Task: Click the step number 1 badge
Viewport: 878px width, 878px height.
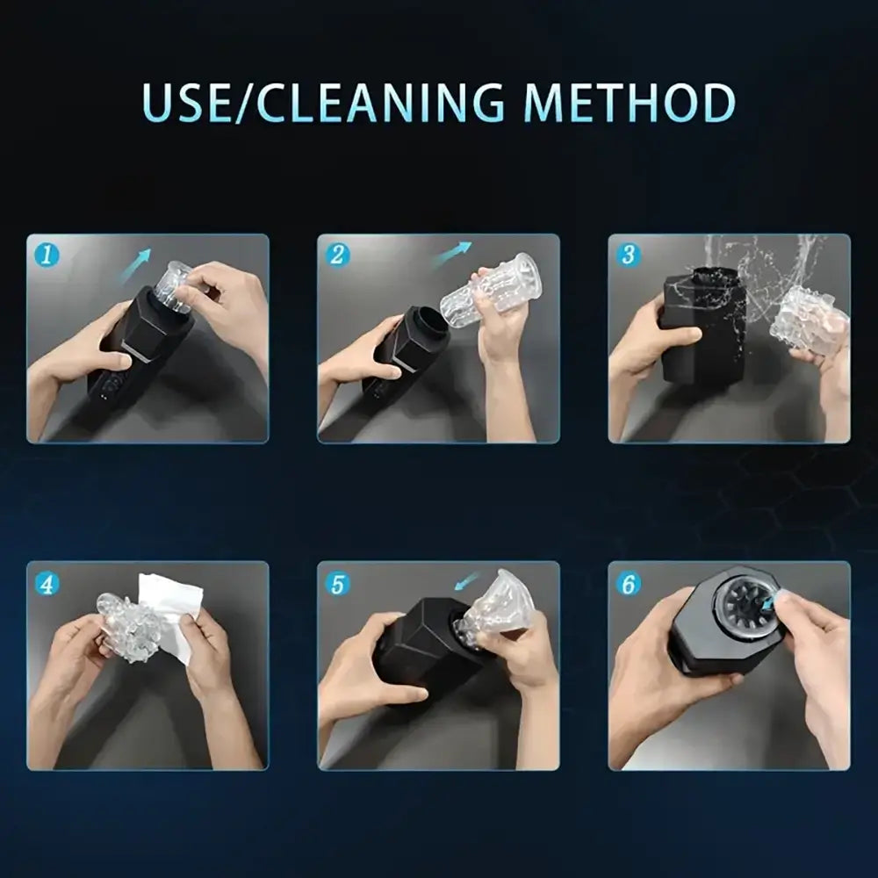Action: (47, 255)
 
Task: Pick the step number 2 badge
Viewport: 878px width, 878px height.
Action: (337, 255)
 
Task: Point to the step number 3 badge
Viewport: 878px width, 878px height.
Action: (629, 255)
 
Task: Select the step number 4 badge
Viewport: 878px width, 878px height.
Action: (47, 584)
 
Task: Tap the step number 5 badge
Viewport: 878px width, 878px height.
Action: (337, 584)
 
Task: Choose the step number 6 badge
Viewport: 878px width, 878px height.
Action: (629, 584)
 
